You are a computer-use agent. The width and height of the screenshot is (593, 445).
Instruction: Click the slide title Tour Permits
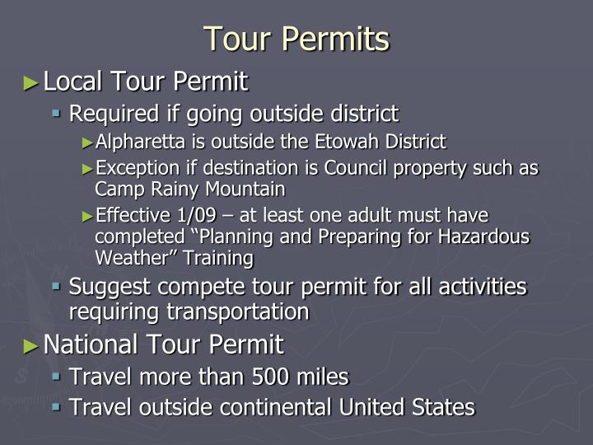296,39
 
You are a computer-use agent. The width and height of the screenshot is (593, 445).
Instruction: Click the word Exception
133,169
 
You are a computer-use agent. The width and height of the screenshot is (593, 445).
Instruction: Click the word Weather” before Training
133,258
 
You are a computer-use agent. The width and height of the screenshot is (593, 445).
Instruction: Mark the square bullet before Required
57,113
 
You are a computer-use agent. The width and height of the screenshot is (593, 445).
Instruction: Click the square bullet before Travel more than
57,377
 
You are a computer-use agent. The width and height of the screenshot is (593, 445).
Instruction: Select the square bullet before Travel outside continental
57,407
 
